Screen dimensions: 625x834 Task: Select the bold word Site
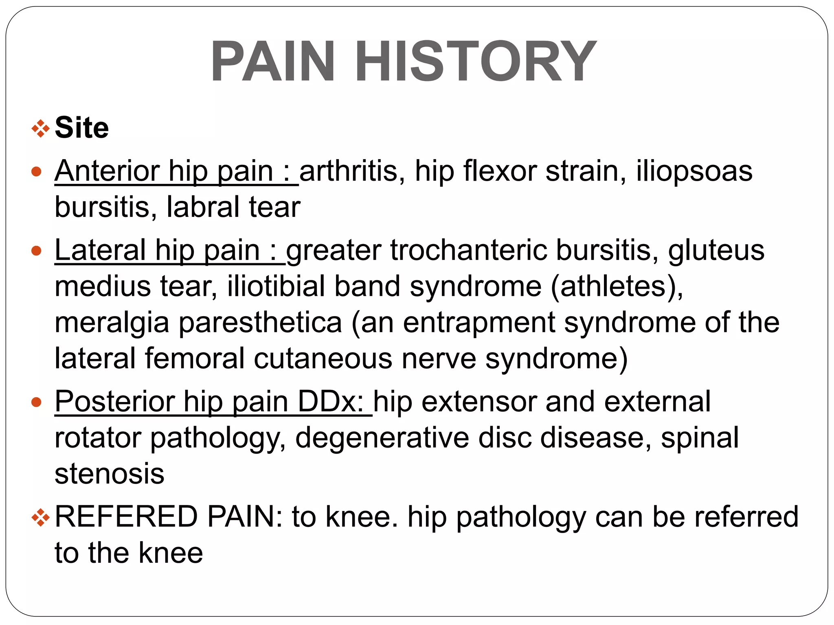(x=82, y=128)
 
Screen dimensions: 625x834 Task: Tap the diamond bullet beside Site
(x=40, y=129)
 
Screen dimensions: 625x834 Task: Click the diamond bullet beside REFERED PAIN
(x=40, y=518)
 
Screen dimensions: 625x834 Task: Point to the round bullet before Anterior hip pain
(x=37, y=172)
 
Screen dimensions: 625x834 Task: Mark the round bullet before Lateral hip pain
(x=37, y=251)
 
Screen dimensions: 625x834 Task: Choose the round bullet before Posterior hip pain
(x=37, y=402)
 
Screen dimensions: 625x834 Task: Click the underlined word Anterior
(x=107, y=171)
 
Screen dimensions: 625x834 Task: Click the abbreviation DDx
(x=331, y=402)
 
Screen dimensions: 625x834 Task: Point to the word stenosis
(x=110, y=474)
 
